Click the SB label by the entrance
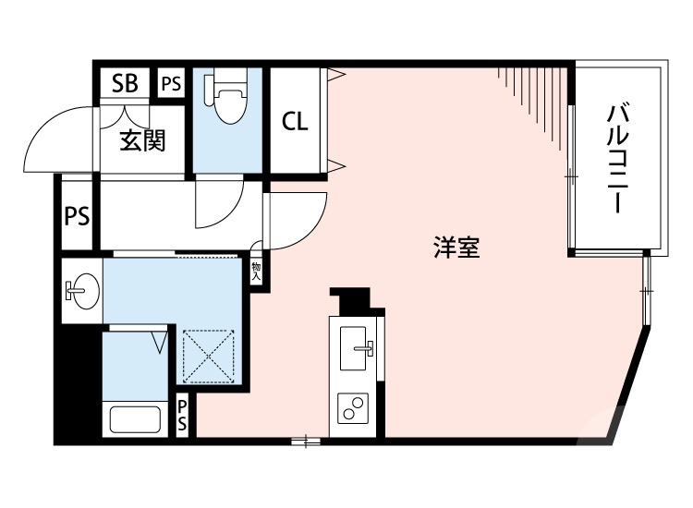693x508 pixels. pyautogui.click(x=125, y=84)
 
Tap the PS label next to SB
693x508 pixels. pyautogui.click(x=171, y=84)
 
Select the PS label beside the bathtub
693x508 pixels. pyautogui.click(x=183, y=416)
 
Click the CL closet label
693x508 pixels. pyautogui.click(x=295, y=121)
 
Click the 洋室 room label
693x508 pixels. pyautogui.click(x=456, y=247)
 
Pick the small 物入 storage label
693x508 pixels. pyautogui.click(x=256, y=271)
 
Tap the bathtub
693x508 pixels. pyautogui.click(x=135, y=418)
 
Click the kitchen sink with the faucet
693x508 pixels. pyautogui.click(x=356, y=349)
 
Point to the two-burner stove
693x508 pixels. pyautogui.click(x=354, y=405)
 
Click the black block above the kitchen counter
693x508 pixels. pyautogui.click(x=352, y=301)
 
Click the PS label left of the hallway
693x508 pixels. pyautogui.click(x=77, y=218)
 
